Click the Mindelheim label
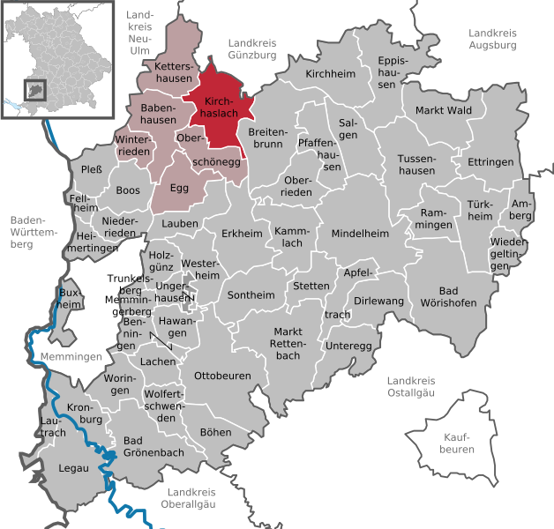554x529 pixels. click(360, 234)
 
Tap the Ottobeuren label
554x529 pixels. click(222, 376)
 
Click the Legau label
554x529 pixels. click(74, 468)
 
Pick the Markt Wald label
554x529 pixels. click(444, 110)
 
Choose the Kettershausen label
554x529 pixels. click(173, 72)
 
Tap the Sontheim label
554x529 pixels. click(251, 295)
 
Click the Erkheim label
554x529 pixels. click(243, 234)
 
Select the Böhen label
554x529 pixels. click(216, 432)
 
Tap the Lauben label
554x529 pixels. click(180, 224)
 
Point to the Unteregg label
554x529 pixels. click(348, 346)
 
